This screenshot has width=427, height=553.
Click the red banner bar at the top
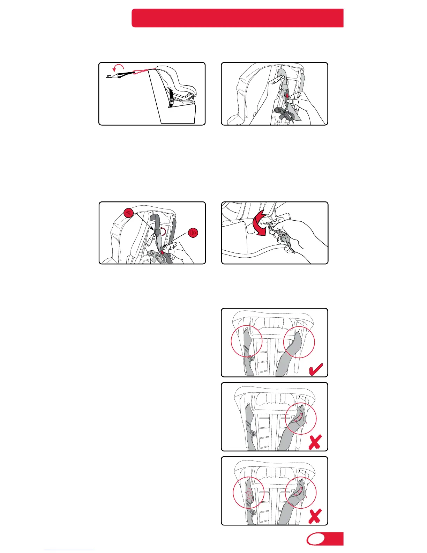tap(238, 18)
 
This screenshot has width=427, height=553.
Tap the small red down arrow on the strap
tap(287, 96)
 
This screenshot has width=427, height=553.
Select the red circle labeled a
tap(128, 213)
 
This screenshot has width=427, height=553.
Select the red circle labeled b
tap(193, 233)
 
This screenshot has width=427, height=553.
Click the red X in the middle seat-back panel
tap(315, 442)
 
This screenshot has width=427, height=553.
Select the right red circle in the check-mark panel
tap(299, 342)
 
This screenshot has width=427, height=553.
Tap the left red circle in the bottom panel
tap(248, 493)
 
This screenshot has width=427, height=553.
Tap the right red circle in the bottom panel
tap(301, 493)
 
